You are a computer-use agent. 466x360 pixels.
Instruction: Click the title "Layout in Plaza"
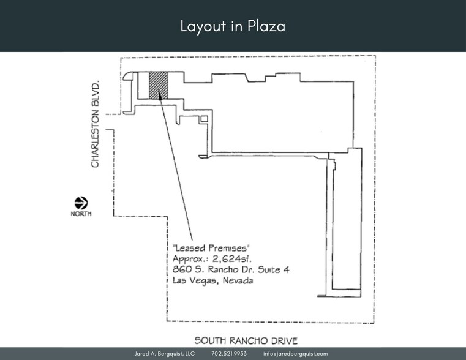[233, 26]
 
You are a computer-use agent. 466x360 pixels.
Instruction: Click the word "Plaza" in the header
[266, 26]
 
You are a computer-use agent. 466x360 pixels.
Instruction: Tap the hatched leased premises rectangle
[159, 85]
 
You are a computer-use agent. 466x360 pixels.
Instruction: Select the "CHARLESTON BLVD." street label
[96, 122]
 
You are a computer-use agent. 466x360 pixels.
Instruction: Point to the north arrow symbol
[81, 203]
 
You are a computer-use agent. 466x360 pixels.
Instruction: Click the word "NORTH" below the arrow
[81, 214]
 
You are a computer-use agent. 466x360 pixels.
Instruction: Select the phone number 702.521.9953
[229, 354]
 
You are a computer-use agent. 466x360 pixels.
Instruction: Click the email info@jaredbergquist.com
[296, 354]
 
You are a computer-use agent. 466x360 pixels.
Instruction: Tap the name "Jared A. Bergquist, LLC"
[164, 354]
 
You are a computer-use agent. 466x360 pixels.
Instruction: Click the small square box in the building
[205, 119]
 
